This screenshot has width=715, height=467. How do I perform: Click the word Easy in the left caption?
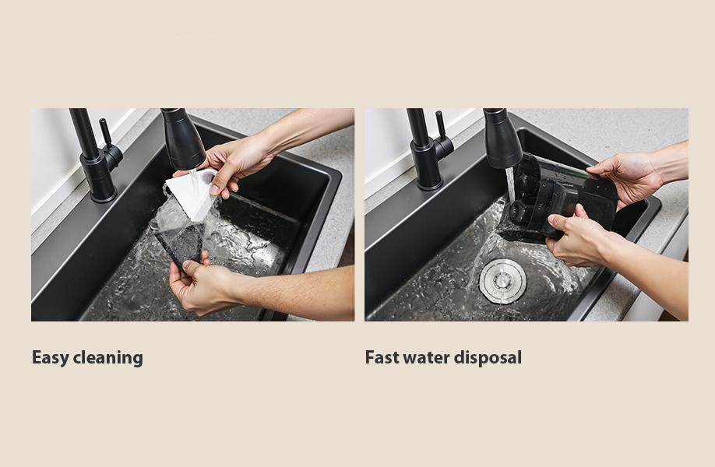pos(50,358)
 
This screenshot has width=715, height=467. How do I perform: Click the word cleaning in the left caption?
pos(107,358)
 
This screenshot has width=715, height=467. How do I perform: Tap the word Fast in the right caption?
pos(382,357)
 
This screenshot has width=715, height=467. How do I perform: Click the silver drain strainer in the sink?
pos(503,281)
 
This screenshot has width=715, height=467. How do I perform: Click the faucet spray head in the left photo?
pos(182,139)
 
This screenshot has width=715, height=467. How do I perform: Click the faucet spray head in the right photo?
pos(502,139)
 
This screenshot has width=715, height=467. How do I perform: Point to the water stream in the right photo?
pos(510,185)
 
